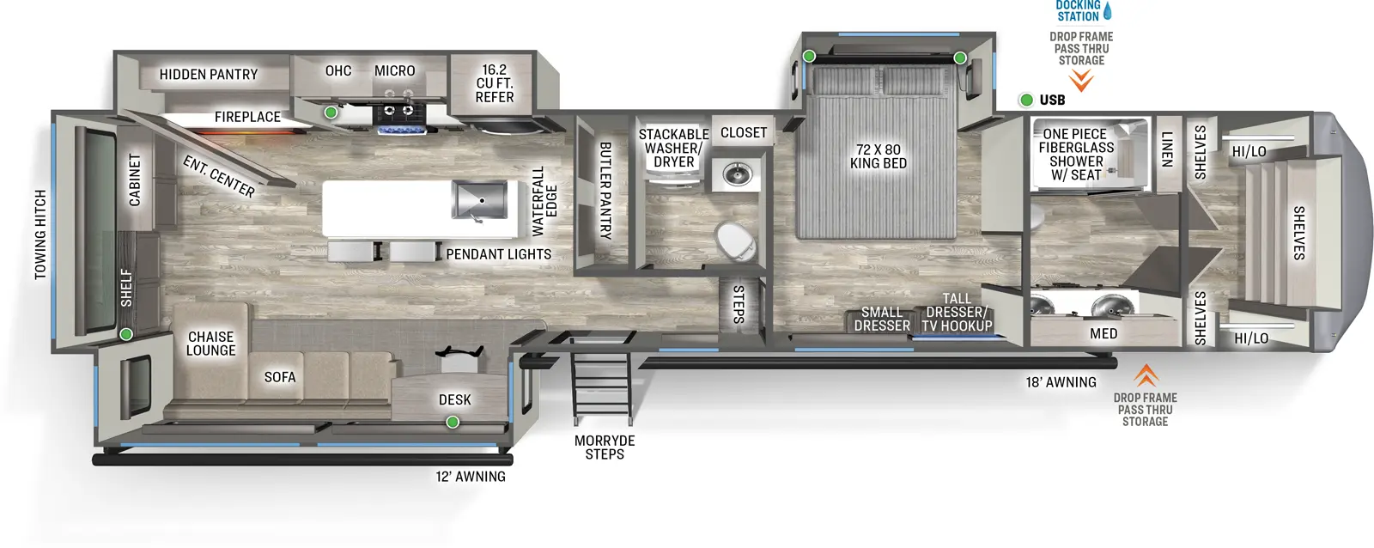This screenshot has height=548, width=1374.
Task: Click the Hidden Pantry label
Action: coord(208,75)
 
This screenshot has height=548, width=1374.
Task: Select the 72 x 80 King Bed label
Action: coord(878,156)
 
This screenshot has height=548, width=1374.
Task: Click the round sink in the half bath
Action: coord(737,175)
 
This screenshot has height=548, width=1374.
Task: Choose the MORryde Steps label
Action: coord(605,448)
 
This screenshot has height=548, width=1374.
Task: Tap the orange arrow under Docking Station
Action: coord(1081,81)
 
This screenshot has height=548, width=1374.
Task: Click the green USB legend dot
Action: coord(1025,100)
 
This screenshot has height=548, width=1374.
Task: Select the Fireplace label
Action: coord(247,117)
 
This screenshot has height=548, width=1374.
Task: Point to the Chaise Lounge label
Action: coord(210,344)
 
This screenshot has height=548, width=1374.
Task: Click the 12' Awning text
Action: coord(470,477)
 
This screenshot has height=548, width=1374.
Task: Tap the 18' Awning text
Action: coord(1061,382)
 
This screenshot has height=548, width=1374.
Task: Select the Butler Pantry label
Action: coord(605,190)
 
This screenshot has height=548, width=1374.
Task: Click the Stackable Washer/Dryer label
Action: coord(673,148)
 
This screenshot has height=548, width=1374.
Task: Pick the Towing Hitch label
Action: coord(40,234)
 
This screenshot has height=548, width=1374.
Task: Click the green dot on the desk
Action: coord(453,422)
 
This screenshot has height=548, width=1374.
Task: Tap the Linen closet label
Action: coord(1166,149)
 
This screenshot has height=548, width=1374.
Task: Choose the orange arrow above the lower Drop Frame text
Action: coord(1146,375)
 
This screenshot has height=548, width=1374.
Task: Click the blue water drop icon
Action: coord(1107,11)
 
